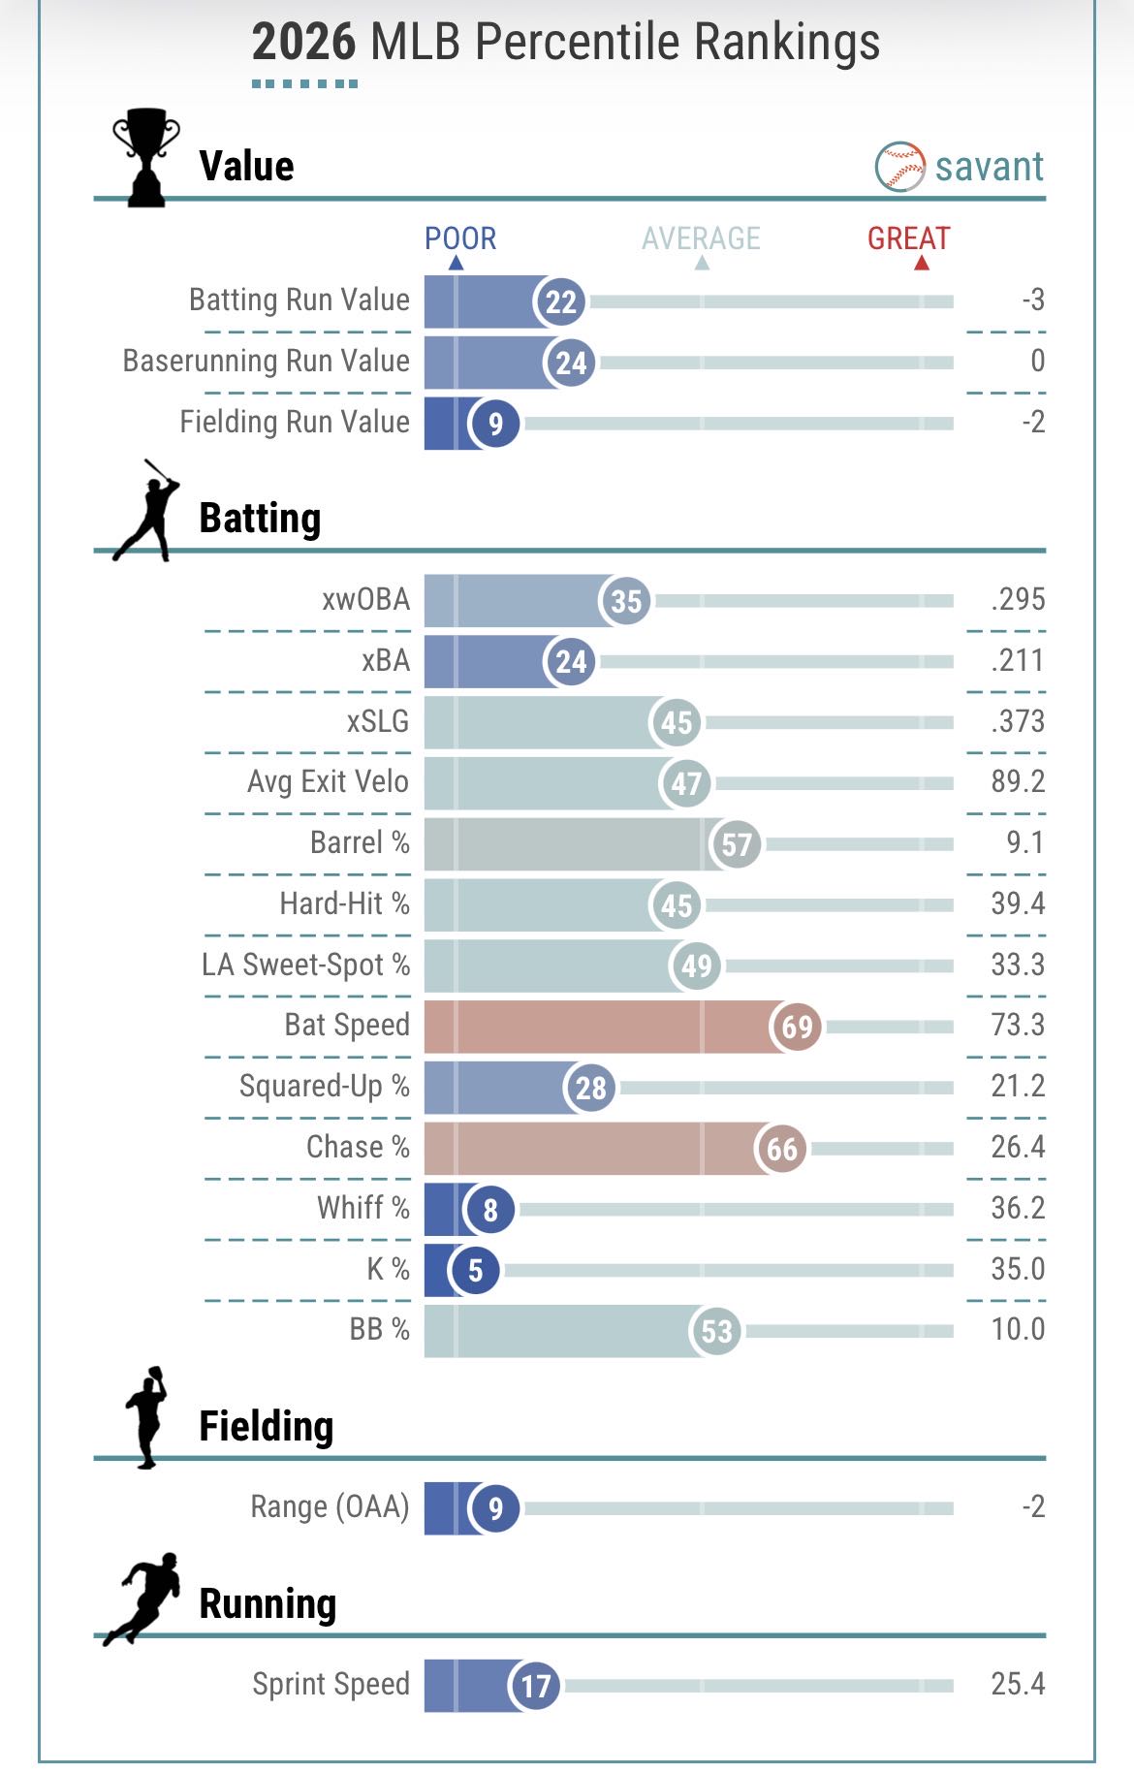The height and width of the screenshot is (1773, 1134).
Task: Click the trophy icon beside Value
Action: [146, 157]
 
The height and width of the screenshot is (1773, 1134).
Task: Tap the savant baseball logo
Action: [899, 167]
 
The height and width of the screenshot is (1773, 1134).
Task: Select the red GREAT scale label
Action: [908, 238]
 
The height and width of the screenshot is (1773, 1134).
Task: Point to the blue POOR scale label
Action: [460, 238]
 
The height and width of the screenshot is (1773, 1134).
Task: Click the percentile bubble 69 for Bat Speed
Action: [797, 1027]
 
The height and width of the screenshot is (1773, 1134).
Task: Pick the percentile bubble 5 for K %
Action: [475, 1270]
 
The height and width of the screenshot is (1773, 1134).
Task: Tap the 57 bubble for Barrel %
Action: [736, 844]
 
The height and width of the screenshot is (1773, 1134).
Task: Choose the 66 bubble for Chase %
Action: [781, 1149]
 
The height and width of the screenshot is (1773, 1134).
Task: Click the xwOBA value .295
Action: [1018, 599]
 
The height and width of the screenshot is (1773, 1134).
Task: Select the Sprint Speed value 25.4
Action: [1018, 1684]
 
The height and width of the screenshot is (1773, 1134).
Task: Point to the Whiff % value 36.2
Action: [1018, 1208]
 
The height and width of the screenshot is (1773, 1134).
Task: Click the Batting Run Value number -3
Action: [1032, 300]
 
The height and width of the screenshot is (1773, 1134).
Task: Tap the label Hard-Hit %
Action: [344, 903]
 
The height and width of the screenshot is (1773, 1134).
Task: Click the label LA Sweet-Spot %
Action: [305, 965]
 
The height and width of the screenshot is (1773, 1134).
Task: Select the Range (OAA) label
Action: [330, 1506]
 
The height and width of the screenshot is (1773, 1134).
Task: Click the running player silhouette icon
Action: [143, 1599]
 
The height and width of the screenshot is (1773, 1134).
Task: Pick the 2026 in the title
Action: [303, 43]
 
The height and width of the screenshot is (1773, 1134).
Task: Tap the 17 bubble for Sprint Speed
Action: [535, 1686]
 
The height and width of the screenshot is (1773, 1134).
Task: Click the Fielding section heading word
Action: [266, 1426]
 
